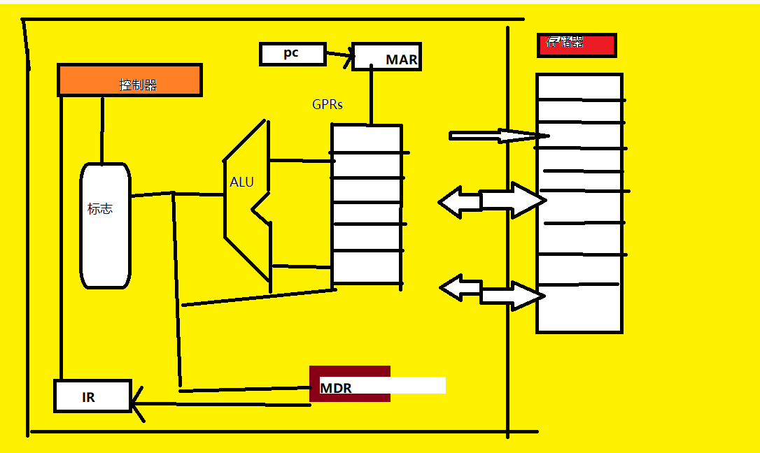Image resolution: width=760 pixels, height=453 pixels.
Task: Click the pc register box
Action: tap(293, 54)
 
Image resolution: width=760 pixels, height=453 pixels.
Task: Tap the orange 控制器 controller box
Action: tap(129, 80)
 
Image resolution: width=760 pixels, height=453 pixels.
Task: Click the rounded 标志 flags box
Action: tap(105, 225)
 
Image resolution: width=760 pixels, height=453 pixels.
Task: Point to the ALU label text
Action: tap(242, 182)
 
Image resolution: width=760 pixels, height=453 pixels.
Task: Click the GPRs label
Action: tap(328, 105)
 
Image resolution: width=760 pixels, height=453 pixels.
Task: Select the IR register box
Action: tap(92, 396)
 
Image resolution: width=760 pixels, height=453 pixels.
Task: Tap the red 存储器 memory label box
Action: tap(576, 45)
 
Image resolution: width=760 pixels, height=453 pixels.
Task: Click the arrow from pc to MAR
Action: tap(339, 56)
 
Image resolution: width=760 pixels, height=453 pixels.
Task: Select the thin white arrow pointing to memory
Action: tap(497, 136)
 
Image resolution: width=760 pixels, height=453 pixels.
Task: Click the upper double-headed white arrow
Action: tap(491, 201)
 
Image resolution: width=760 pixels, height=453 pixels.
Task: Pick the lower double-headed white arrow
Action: tap(491, 292)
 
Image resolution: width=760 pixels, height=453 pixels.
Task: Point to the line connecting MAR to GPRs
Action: tap(371, 97)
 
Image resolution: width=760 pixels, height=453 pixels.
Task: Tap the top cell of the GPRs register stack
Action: tap(366, 138)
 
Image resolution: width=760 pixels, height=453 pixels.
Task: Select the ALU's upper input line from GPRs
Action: tap(300, 161)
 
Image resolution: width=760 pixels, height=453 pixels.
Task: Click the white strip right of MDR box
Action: tap(418, 385)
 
